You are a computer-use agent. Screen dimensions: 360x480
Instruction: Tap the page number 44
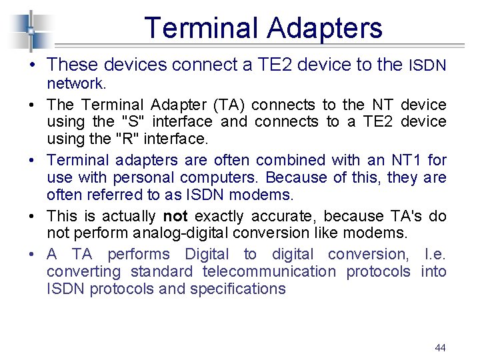pos(440,347)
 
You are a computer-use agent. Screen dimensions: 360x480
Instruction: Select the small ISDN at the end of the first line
pos(427,65)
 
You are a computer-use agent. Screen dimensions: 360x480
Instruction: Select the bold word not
pos(175,216)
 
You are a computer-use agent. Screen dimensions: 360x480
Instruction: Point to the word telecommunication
pos(269,271)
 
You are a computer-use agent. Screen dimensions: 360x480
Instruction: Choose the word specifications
pos(238,289)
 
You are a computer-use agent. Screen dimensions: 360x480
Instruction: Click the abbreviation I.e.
pos(433,254)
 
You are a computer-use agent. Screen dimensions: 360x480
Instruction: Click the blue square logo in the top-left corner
pos(30,31)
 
